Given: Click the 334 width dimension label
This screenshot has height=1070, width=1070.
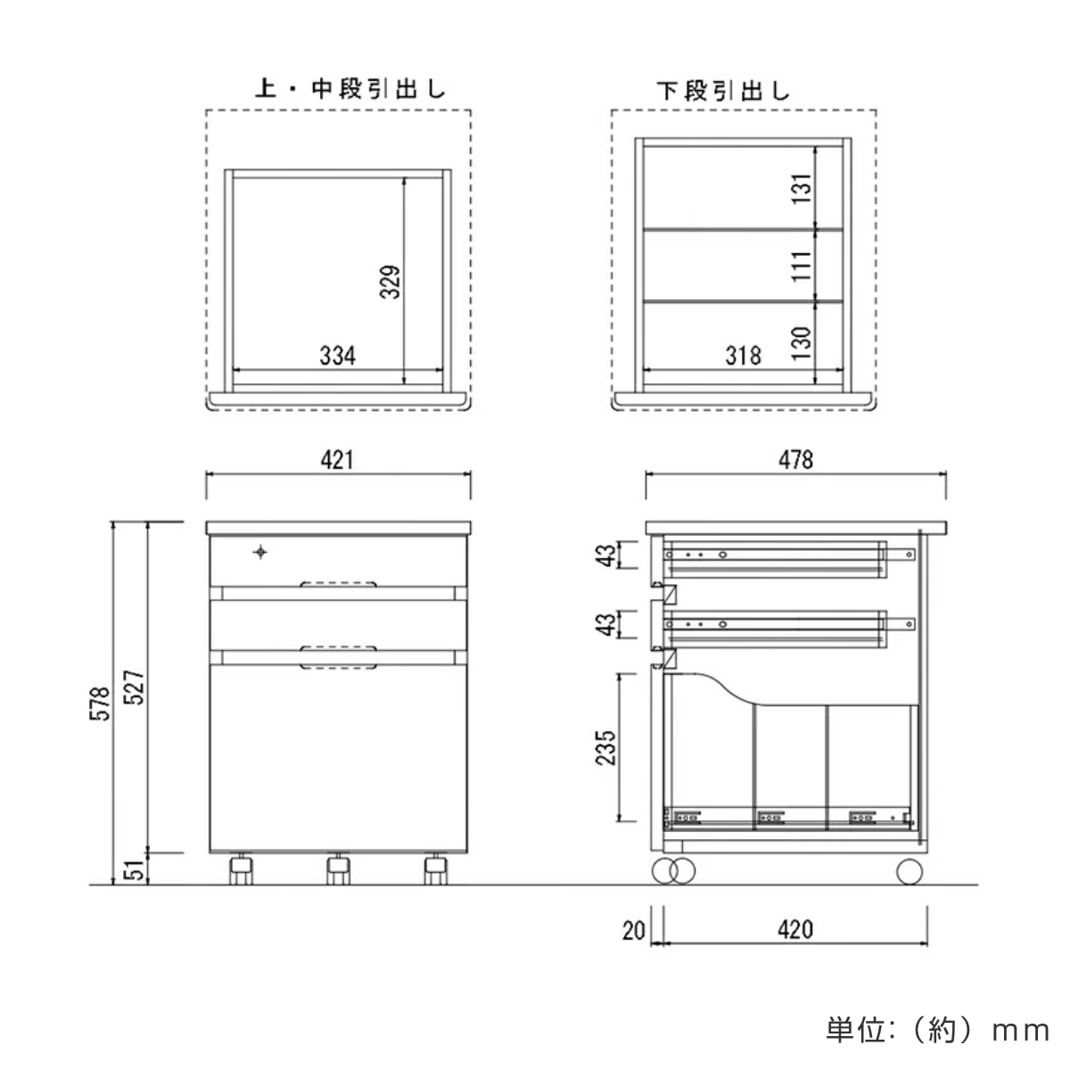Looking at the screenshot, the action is point(337,356).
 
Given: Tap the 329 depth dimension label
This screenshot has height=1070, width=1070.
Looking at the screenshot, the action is point(391,282).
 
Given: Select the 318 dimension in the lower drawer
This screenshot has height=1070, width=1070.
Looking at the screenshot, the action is point(743,356).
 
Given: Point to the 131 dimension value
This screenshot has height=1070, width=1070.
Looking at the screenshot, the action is point(802,189).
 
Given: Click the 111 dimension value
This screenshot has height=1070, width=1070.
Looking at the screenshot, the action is point(802,266).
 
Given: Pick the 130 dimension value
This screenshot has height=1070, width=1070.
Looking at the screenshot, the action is point(802,343).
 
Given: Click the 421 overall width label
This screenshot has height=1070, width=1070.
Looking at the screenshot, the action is point(337,460).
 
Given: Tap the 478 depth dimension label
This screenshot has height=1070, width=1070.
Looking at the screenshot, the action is point(795,460).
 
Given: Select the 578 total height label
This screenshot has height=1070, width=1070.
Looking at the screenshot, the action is point(100,704).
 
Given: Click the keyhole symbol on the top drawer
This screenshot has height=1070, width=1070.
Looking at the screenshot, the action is point(259,553).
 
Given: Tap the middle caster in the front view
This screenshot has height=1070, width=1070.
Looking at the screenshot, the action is point(338,869).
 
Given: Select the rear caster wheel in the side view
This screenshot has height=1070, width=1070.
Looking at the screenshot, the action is point(909,872).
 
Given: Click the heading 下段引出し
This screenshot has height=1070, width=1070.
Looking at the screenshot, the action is point(723,91).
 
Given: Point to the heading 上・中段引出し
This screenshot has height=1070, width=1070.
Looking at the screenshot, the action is point(351,89).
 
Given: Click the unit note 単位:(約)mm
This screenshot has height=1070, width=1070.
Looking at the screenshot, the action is point(938,1031).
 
